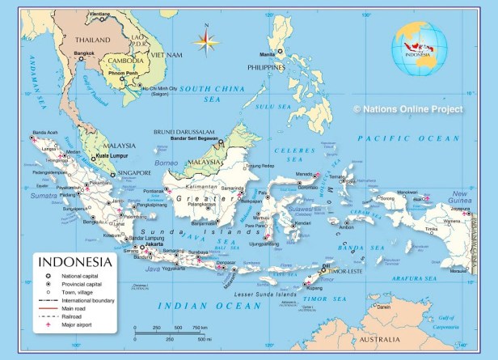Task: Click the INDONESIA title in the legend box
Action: (x=76, y=262)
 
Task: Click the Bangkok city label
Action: (x=84, y=53)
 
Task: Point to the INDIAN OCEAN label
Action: (x=198, y=306)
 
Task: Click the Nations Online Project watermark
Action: (x=408, y=108)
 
